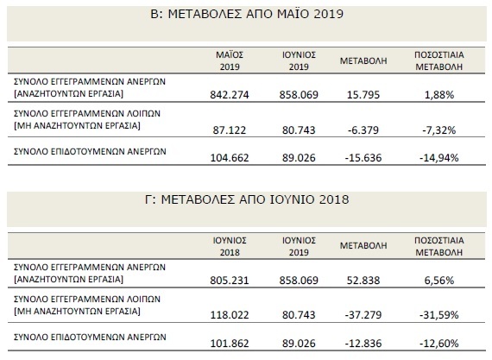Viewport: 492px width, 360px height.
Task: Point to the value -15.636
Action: [x=364, y=157]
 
